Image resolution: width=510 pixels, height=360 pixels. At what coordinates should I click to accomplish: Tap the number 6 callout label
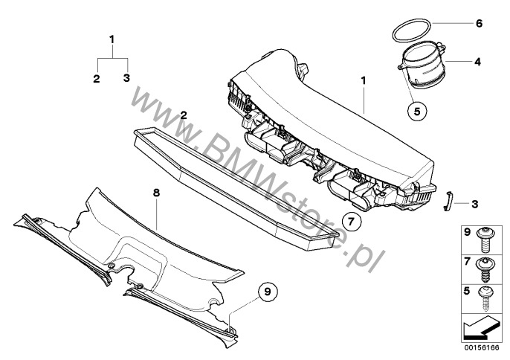(479, 23)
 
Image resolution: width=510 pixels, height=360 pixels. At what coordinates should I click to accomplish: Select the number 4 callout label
(477, 62)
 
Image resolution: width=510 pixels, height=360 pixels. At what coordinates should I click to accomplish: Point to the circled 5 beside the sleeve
(418, 112)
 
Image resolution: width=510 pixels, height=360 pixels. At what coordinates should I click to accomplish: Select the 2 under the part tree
(97, 78)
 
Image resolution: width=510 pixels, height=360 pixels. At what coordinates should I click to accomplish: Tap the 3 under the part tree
(126, 78)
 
